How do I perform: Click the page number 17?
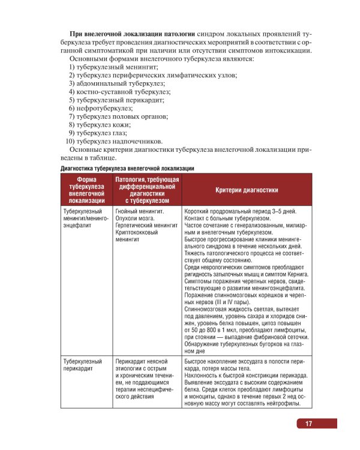pos(308,424)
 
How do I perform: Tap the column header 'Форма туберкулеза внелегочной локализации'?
pos(87,190)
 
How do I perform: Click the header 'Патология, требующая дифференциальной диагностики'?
pos(147,190)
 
